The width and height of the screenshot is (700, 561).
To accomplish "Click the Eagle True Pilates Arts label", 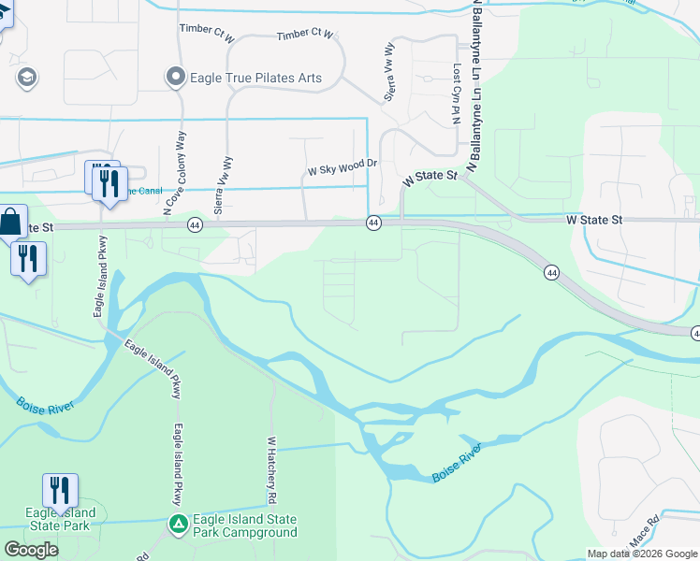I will coord(255,79).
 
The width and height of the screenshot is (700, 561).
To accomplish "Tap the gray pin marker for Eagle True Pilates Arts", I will coord(175,78).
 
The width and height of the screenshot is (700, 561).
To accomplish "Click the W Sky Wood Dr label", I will coord(343,171).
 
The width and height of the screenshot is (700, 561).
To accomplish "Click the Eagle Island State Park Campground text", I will coord(244,525).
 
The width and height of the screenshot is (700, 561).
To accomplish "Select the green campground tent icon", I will coord(178,525).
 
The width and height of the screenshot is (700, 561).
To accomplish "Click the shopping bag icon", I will coord(10,223).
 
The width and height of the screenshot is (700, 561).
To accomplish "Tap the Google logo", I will coord(31,550).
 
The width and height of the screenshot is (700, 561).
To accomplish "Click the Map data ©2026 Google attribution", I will coord(642,554).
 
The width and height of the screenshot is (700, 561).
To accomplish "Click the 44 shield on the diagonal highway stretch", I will coord(551,271).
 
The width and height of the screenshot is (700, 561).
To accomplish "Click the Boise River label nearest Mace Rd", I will coord(458,464).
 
